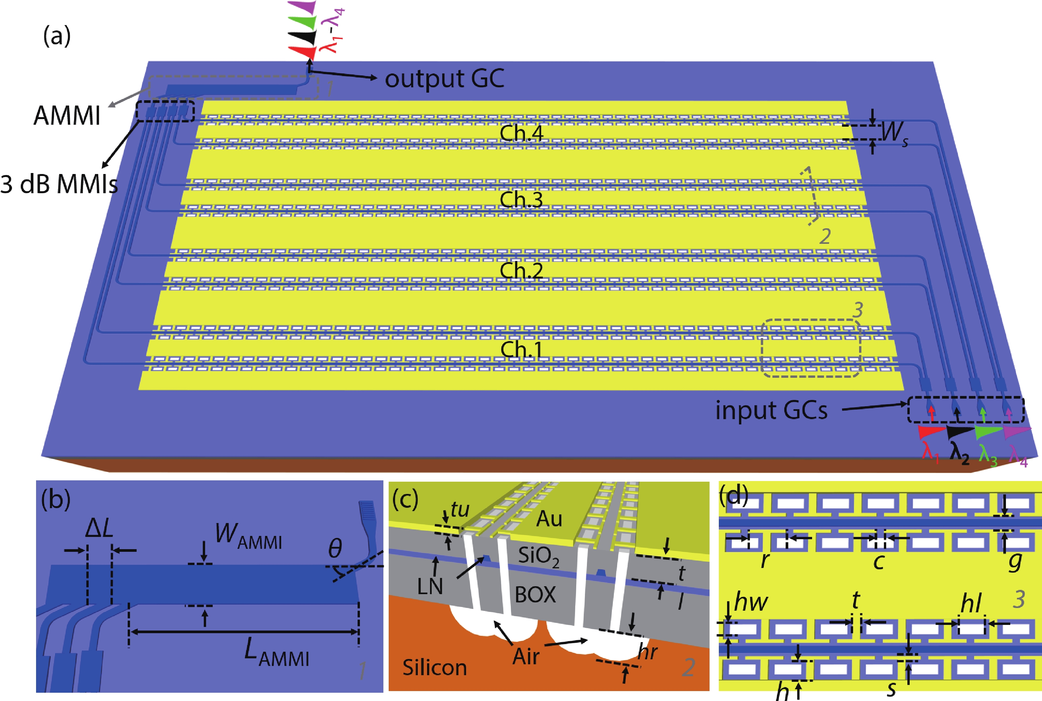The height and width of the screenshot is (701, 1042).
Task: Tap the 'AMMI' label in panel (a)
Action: click(67, 116)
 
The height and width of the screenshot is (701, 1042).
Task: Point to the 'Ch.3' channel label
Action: click(521, 199)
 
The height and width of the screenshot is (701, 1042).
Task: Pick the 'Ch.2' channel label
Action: click(521, 271)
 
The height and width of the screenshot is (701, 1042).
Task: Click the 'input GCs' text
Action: click(771, 410)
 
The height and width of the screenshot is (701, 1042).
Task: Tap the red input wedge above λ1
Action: click(931, 432)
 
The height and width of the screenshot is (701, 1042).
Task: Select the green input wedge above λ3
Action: click(988, 432)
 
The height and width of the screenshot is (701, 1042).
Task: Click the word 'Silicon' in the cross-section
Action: click(435, 668)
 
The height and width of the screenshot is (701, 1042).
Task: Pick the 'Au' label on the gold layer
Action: click(549, 519)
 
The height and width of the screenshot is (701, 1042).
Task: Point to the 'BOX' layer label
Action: click(535, 594)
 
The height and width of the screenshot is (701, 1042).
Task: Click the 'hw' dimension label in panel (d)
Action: click(751, 602)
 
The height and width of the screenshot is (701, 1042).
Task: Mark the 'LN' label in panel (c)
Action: click(430, 586)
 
